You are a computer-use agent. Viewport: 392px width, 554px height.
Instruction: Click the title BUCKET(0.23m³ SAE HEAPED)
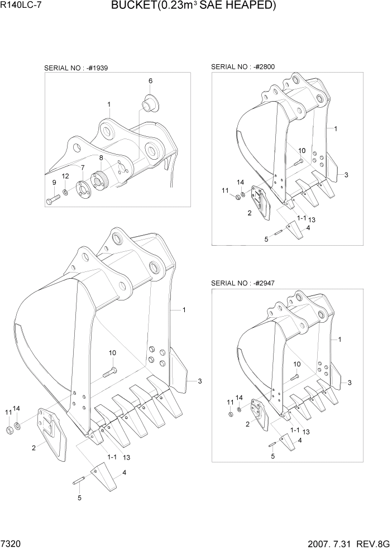click(193, 6)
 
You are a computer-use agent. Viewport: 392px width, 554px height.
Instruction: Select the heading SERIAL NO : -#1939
click(76, 68)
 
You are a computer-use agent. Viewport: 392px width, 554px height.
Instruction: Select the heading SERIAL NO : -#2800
click(243, 66)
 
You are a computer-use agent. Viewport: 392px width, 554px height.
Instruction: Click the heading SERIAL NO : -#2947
click(243, 284)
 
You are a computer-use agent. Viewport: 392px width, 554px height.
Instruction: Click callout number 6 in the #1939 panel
click(150, 81)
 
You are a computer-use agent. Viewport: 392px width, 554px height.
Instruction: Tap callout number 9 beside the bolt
click(54, 183)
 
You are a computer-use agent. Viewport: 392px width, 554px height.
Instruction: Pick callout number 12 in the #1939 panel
click(65, 176)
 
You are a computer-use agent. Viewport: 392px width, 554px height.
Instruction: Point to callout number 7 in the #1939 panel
click(83, 168)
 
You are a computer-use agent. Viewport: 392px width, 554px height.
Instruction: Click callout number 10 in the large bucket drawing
click(112, 352)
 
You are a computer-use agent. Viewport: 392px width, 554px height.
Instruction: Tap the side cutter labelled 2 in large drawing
click(51, 427)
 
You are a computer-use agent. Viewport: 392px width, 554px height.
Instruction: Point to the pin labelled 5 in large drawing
click(78, 484)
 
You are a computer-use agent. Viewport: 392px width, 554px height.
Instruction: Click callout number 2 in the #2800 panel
click(249, 213)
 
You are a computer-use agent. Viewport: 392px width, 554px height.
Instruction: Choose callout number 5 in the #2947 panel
click(273, 456)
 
